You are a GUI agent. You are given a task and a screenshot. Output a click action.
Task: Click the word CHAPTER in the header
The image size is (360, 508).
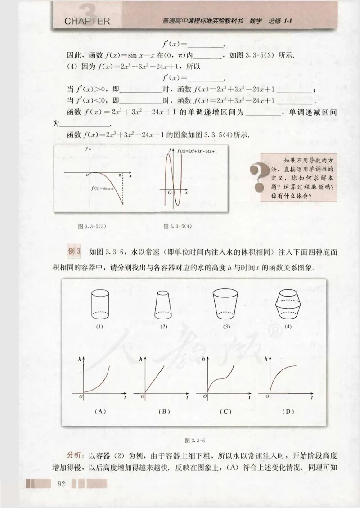tap(87, 21)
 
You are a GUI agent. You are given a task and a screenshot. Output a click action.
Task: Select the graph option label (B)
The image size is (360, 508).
tap(164, 411)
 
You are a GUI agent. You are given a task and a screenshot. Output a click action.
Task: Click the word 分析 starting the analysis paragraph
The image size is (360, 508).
tap(74, 452)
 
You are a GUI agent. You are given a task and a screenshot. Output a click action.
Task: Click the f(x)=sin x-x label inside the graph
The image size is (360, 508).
tap(104, 188)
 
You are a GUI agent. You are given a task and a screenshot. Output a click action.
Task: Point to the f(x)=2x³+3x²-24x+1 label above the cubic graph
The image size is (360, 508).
tap(197, 151)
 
